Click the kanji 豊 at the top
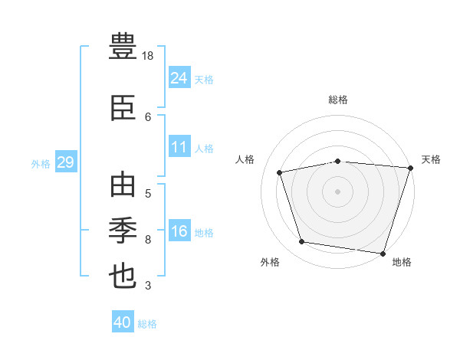(x=123, y=46)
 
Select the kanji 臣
(x=123, y=108)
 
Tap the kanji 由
(x=123, y=184)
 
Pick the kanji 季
(x=123, y=231)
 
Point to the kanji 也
(x=123, y=277)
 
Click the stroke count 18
(x=147, y=56)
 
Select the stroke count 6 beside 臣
(x=148, y=117)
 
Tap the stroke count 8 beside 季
(x=148, y=240)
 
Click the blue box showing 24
(x=180, y=77)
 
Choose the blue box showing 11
(x=180, y=146)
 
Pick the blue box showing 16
(x=180, y=230)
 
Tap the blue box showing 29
(x=66, y=162)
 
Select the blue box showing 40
(x=123, y=321)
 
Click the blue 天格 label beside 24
(x=204, y=80)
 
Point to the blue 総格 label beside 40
(x=147, y=324)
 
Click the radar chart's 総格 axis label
(x=338, y=100)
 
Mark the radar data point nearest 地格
(x=383, y=254)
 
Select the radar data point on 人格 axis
(x=280, y=172)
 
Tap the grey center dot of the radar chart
(x=337, y=191)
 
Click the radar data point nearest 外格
(x=301, y=241)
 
